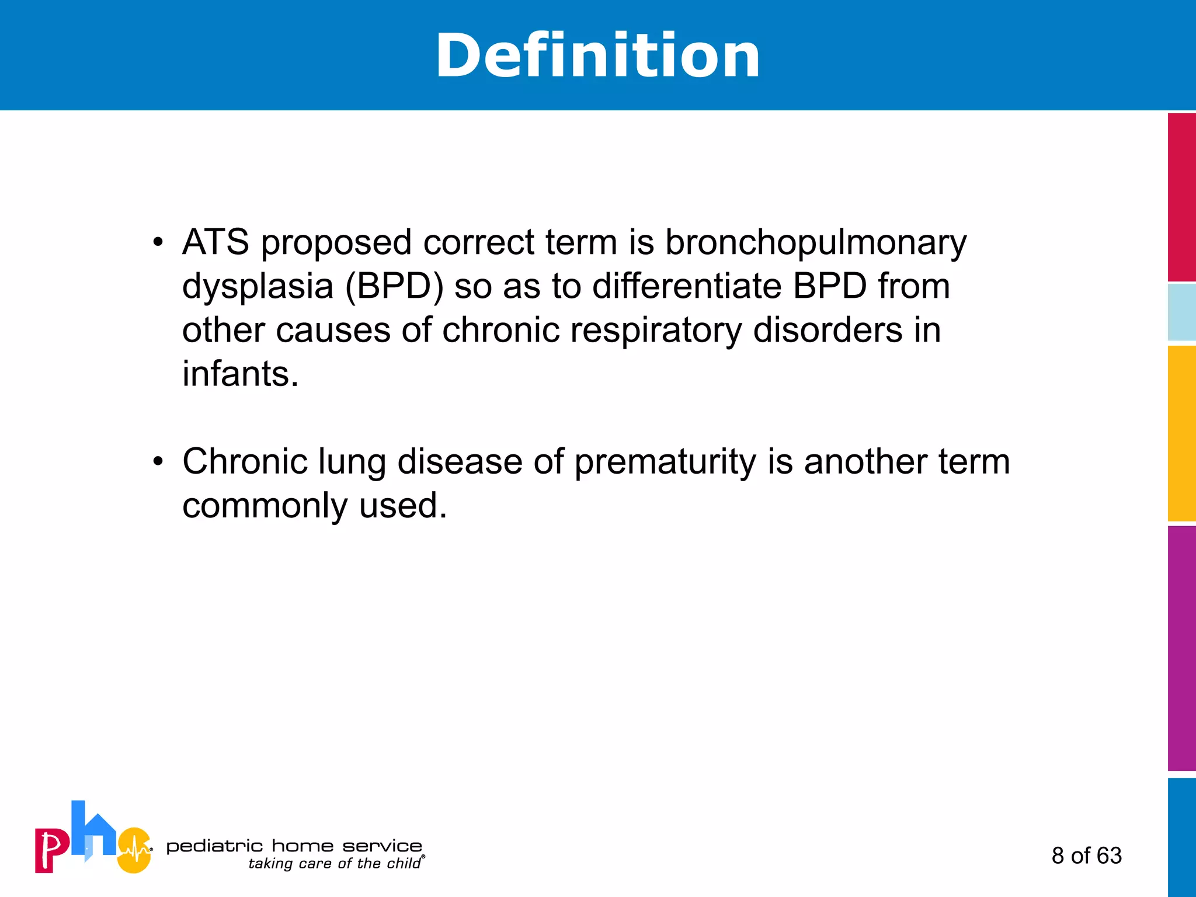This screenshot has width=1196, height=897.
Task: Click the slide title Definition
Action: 597,56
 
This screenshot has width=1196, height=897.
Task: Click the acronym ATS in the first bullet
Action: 215,242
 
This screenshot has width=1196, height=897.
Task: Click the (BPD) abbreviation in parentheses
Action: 394,287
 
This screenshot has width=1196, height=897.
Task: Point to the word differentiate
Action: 687,286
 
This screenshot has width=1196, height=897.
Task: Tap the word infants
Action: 240,374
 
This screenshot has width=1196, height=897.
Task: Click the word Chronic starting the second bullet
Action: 245,461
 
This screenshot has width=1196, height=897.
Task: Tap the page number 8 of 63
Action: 1086,856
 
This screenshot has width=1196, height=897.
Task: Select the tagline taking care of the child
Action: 334,864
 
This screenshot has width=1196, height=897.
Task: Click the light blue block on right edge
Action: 1181,312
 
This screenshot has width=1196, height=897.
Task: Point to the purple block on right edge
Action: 1181,648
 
